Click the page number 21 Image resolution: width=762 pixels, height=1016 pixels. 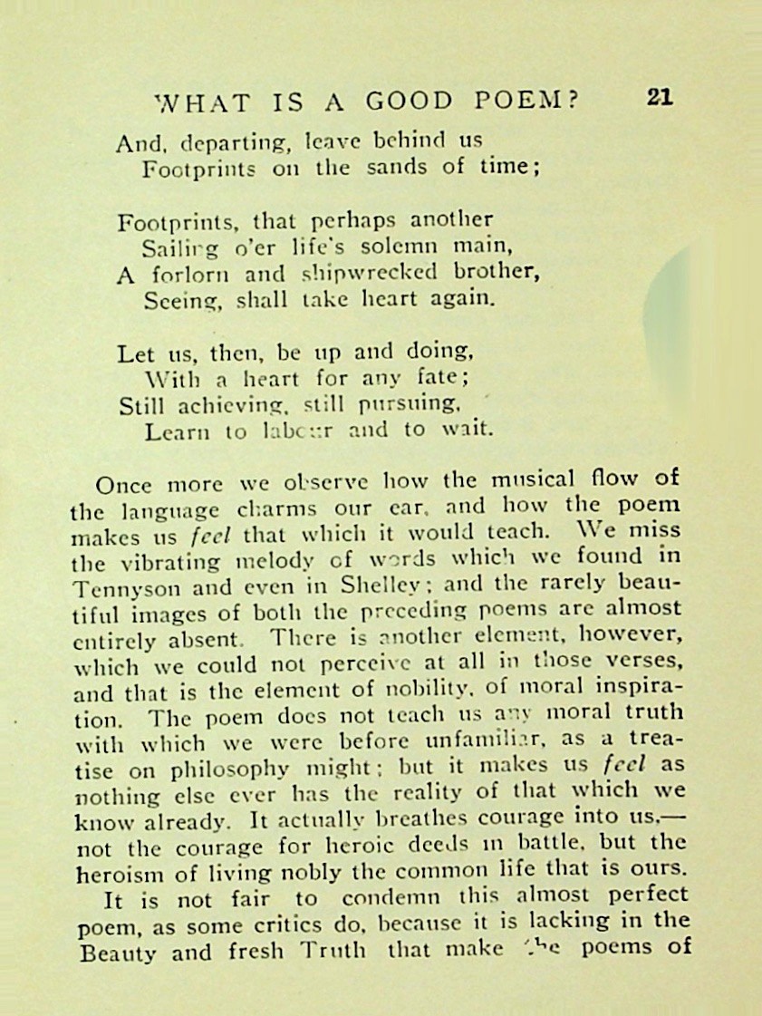pyautogui.click(x=660, y=99)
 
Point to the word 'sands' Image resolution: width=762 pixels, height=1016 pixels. pyautogui.click(x=400, y=168)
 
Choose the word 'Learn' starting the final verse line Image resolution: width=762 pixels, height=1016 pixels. pyautogui.click(x=172, y=431)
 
